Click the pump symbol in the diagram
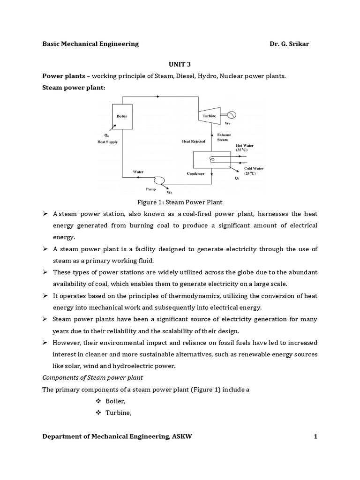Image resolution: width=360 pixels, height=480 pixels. click(x=158, y=180)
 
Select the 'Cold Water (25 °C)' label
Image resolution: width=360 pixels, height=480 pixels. click(x=253, y=171)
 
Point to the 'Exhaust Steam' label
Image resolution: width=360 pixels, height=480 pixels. click(x=224, y=136)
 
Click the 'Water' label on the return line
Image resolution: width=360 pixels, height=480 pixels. click(x=138, y=172)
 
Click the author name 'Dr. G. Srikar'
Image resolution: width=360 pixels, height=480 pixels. click(x=289, y=44)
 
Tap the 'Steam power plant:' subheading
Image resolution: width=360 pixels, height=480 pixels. click(x=74, y=88)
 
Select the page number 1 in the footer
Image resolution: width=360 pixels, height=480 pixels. click(x=315, y=436)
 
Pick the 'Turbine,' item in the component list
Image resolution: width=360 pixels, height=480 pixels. click(x=117, y=412)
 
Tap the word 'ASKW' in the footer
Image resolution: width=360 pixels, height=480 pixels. click(x=181, y=436)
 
